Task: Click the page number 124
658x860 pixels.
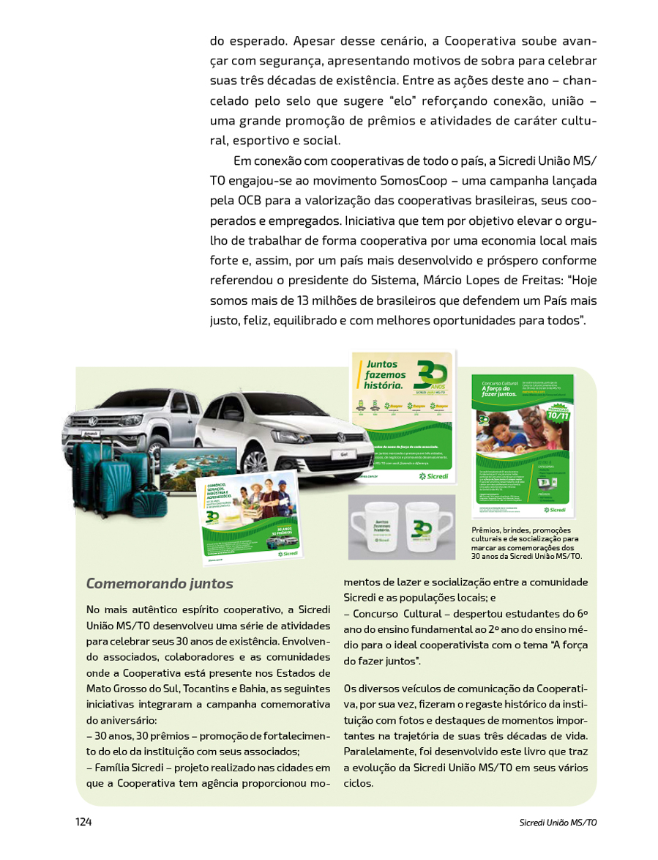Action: coord(83,822)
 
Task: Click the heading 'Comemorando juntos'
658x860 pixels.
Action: coord(160,584)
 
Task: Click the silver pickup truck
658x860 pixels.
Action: coord(132,418)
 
